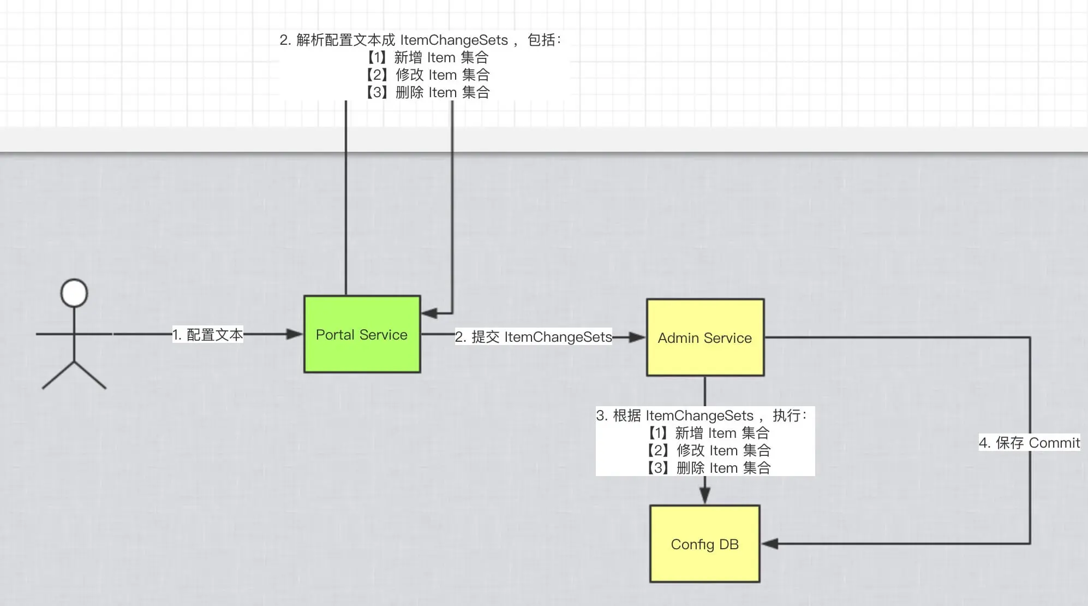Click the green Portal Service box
point(362,334)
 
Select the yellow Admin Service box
point(705,337)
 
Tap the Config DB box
point(704,544)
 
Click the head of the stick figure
point(74,293)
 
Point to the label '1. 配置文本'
point(207,335)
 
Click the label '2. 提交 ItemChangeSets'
point(533,337)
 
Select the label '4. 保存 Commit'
point(1029,443)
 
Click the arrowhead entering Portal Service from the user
point(295,334)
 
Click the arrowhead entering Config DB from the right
point(770,544)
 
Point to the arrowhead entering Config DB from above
point(705,495)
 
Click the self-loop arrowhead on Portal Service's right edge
point(429,313)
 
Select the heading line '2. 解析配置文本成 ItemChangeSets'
point(420,40)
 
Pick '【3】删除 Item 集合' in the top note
point(427,92)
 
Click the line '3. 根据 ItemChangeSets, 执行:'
point(701,415)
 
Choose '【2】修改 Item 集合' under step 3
point(708,450)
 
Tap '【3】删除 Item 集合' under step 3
point(708,468)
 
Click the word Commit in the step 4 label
point(1054,443)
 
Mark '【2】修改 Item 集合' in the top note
point(427,75)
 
